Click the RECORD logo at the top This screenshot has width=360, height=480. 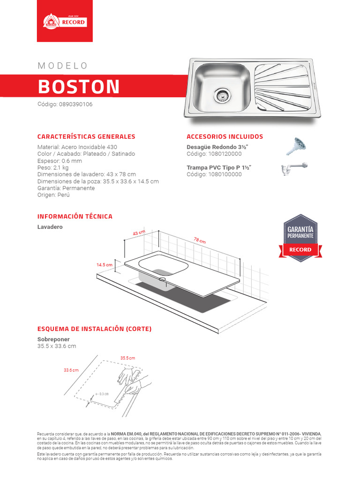pos(64,22)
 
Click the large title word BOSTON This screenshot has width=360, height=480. pos(79,87)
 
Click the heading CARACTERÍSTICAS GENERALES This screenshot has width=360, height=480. pos(86,137)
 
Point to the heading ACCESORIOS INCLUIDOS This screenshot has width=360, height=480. pos(225,137)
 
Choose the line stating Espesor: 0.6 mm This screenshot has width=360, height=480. pos(60,161)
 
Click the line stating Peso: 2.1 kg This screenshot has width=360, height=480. pos(53,167)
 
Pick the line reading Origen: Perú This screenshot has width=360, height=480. pos(53,195)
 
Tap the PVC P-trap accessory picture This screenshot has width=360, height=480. pos(294,169)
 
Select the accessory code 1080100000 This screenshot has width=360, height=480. pos(214,174)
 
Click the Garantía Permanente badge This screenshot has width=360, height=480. pos(300,238)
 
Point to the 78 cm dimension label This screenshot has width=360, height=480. pos(200,240)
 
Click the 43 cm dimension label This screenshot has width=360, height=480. pos(139,233)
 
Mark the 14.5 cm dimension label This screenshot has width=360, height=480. pos(105,265)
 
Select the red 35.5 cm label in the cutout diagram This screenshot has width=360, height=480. pos(127,358)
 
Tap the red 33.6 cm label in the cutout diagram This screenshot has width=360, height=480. pos(71,370)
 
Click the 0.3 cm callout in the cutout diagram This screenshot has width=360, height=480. pos(104,394)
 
